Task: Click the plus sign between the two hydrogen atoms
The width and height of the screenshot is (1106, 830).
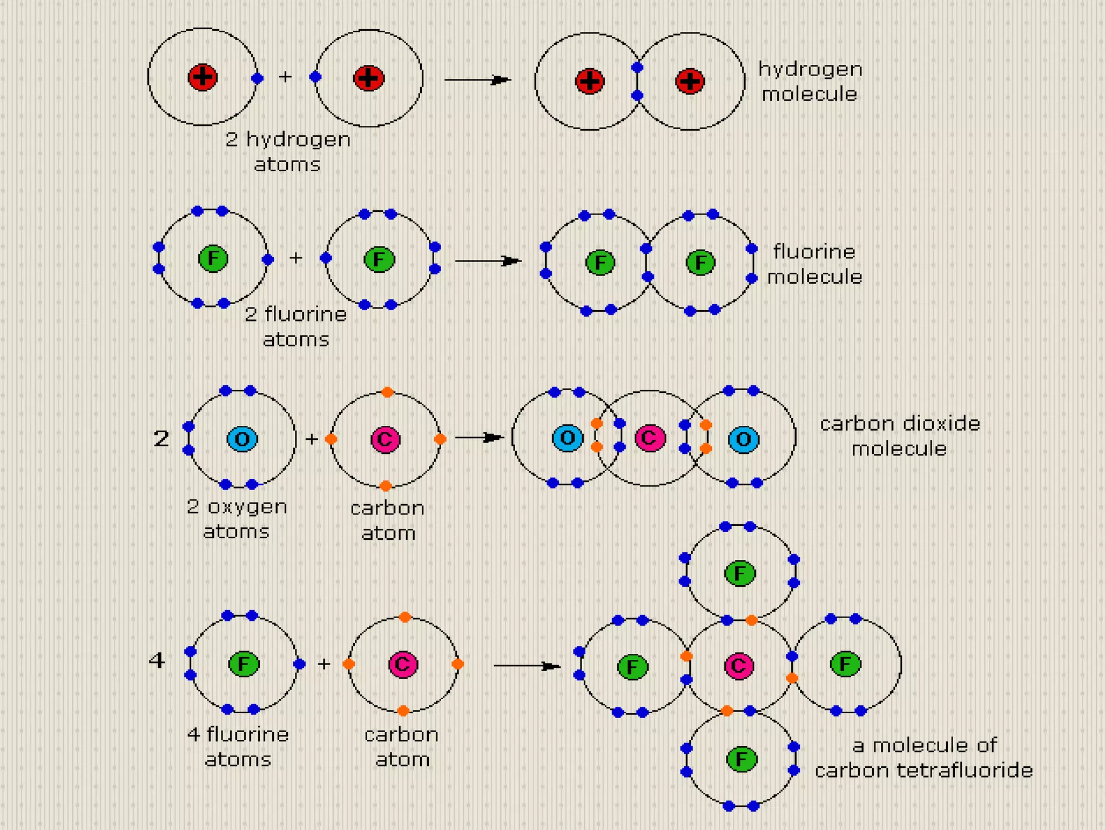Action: tap(285, 77)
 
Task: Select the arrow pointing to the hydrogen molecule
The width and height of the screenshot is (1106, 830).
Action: tap(477, 80)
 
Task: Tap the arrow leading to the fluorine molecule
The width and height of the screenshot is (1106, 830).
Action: tap(488, 261)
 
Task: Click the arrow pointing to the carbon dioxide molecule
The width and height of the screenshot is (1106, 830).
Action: tap(480, 437)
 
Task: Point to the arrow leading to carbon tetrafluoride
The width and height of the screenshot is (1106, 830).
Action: tap(527, 666)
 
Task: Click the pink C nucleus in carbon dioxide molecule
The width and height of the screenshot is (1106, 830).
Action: tap(650, 438)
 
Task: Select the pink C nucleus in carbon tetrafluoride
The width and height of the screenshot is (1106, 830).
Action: tap(739, 666)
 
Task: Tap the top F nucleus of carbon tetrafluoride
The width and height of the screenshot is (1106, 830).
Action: tap(740, 573)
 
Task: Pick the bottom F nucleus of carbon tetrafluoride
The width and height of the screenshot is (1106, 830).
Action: tap(741, 759)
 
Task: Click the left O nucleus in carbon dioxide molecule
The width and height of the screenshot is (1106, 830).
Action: tap(568, 438)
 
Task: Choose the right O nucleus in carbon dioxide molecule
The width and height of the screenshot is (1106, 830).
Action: tap(744, 439)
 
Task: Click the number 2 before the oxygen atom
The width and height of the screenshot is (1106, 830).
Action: tap(161, 438)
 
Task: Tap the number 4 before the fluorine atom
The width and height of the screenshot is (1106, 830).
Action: tap(157, 660)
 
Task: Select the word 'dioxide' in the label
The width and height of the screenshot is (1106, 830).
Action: tap(941, 423)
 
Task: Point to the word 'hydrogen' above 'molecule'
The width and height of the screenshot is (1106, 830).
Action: tap(810, 70)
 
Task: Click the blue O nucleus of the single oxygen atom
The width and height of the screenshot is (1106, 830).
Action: tap(242, 439)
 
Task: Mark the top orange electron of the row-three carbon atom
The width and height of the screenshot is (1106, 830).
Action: tap(387, 392)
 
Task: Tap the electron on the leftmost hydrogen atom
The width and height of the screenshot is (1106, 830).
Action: tap(257, 78)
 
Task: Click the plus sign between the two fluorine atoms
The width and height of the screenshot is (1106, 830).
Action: tap(295, 258)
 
